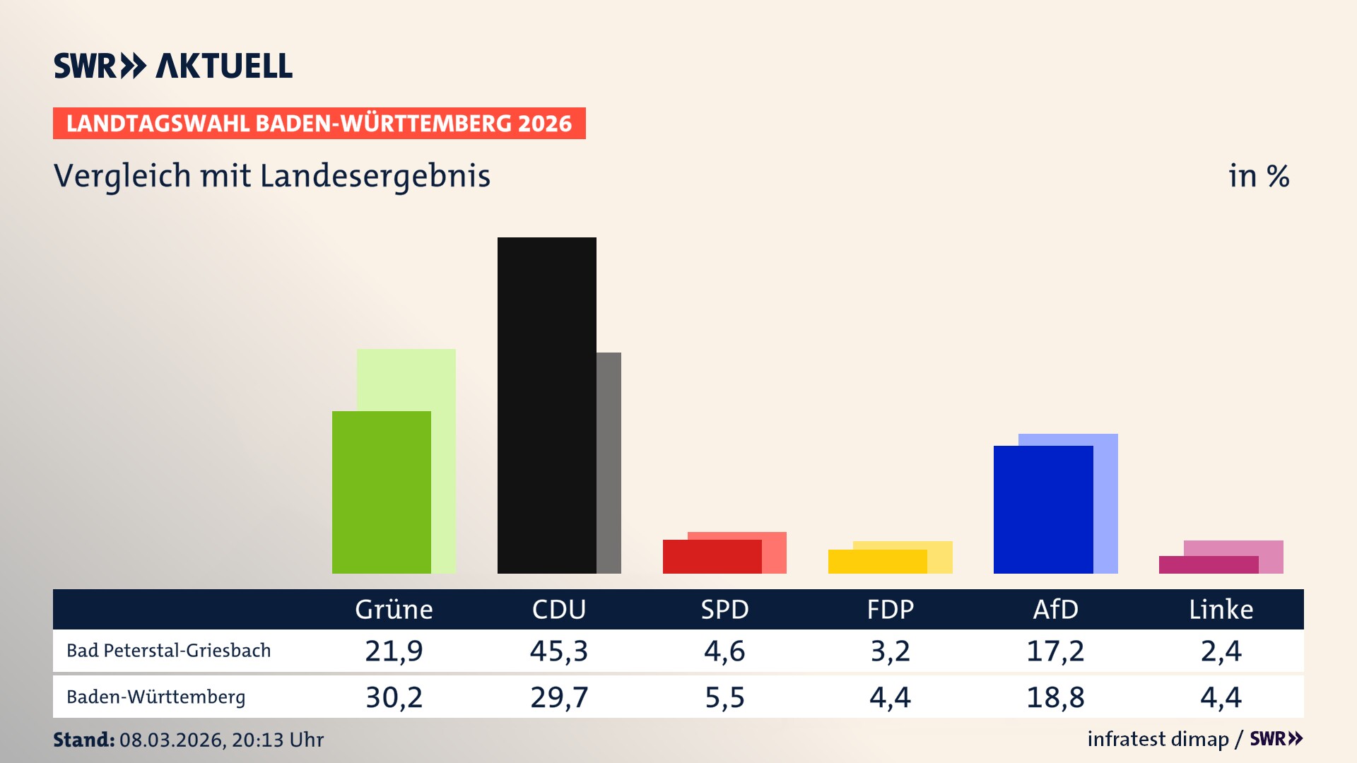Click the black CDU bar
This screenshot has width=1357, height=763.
(x=546, y=405)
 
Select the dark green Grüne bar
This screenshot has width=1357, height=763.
(x=381, y=492)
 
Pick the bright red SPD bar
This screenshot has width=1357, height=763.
(x=712, y=556)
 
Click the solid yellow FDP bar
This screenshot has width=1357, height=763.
(x=877, y=561)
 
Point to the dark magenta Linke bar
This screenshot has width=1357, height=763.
(x=1208, y=564)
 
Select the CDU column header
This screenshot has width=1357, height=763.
(x=558, y=609)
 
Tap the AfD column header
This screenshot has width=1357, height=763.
(x=1055, y=609)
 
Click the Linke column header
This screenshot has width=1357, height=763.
(x=1221, y=609)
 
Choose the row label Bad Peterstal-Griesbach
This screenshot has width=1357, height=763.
(x=168, y=651)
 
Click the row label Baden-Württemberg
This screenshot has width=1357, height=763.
(x=155, y=697)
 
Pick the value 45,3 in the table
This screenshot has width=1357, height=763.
(x=558, y=651)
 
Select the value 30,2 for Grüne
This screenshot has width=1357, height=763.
(x=394, y=697)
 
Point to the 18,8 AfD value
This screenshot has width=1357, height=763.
(x=1055, y=697)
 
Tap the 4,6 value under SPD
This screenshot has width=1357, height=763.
(x=724, y=651)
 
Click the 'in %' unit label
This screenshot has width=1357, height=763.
(x=1258, y=176)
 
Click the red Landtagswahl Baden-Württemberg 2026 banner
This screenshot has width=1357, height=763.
(x=319, y=123)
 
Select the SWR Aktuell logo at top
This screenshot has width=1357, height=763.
(x=173, y=66)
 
